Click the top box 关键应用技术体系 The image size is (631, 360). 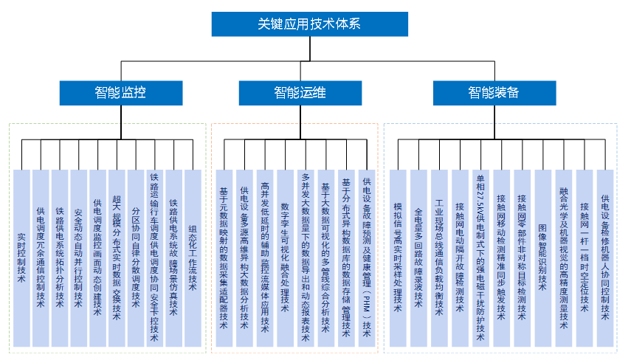pos(309,24)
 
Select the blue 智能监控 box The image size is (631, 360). pos(120,92)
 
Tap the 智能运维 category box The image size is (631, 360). pos(300,92)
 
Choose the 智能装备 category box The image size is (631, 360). pos(493,92)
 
